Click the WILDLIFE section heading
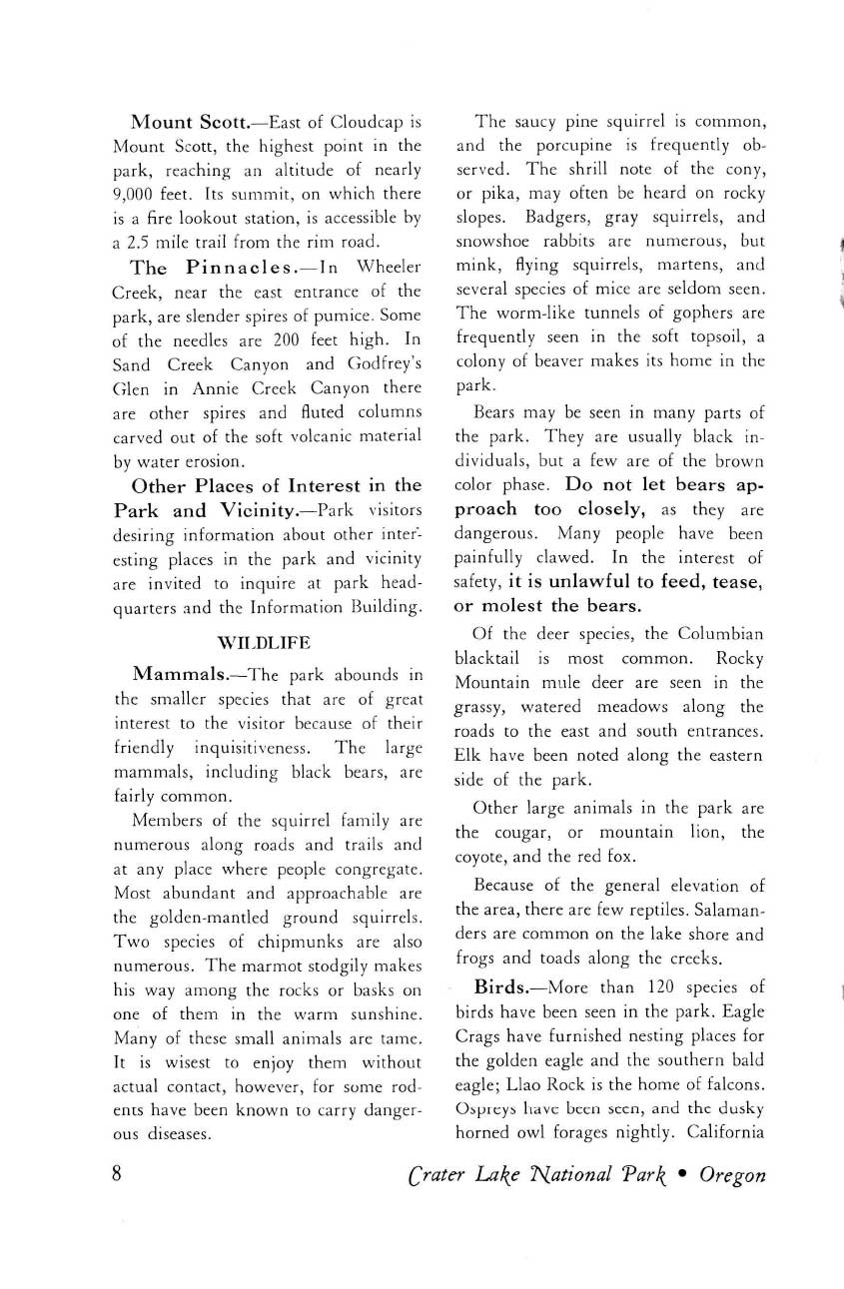(x=268, y=640)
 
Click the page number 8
(x=118, y=1173)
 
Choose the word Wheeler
(x=387, y=269)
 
